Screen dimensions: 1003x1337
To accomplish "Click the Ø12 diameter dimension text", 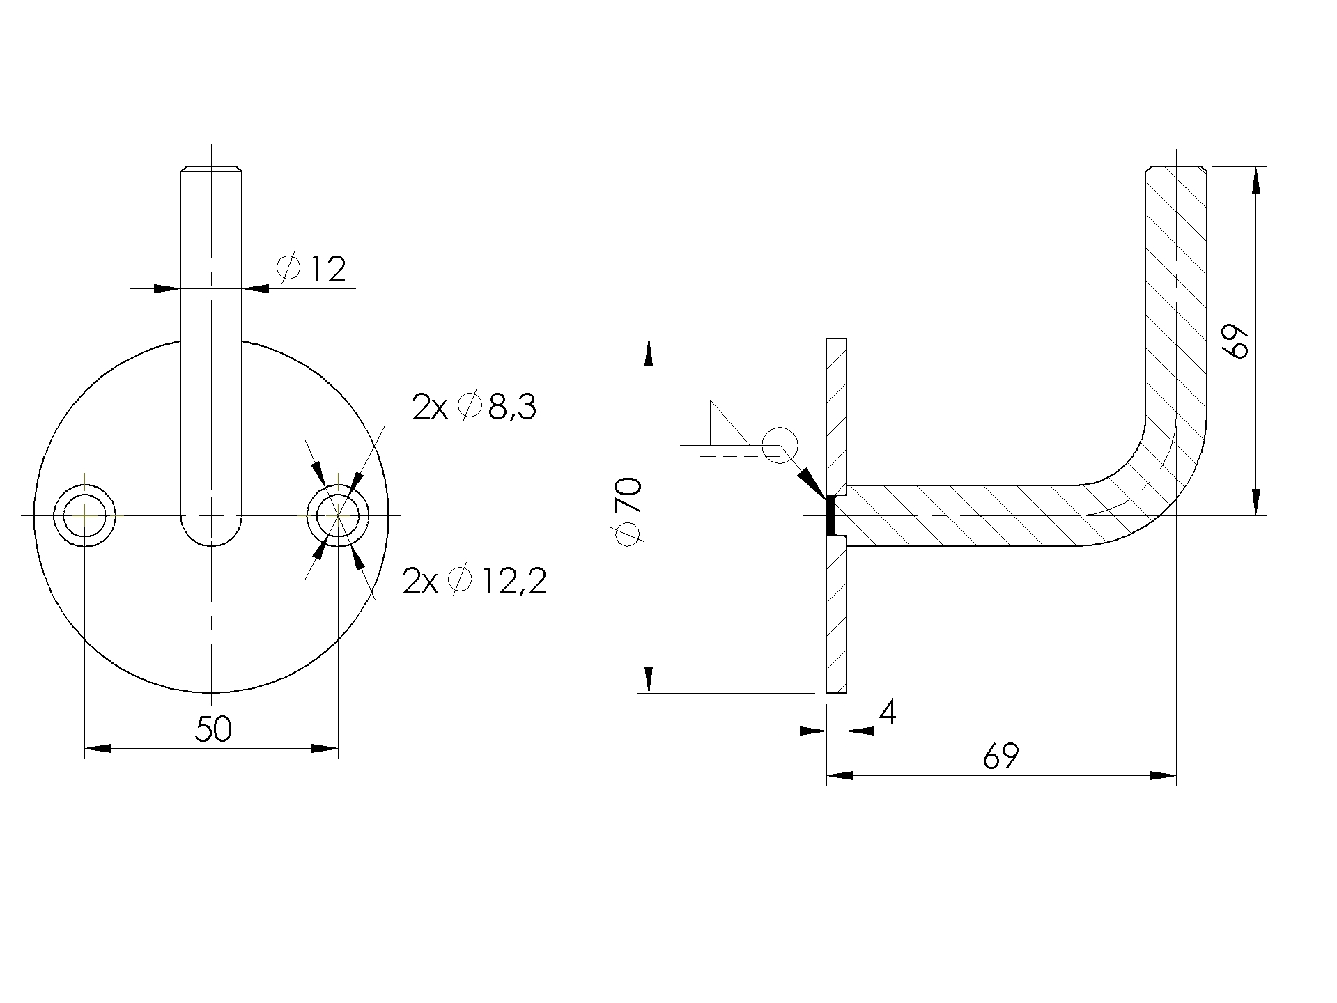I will tap(311, 270).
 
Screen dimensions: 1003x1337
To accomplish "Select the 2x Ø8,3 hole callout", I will tap(474, 407).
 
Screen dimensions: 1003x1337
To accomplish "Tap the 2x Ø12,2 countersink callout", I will tap(474, 581).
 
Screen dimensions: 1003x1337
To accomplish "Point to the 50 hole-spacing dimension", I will tap(213, 729).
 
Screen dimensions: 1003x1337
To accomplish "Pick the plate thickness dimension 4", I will tap(887, 713).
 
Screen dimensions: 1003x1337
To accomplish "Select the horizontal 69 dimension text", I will tap(1000, 756).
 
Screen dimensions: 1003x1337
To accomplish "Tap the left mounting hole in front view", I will tap(85, 516).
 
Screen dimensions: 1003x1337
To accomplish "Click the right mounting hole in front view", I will tap(338, 516).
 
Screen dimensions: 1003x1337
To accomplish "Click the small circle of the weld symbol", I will tap(780, 444).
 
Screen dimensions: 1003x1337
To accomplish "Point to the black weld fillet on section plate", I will tap(830, 516).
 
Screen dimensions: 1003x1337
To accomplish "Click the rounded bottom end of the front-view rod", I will tap(212, 536).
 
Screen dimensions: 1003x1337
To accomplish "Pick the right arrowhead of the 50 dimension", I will tap(325, 749).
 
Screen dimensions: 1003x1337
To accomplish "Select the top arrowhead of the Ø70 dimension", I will tap(649, 352).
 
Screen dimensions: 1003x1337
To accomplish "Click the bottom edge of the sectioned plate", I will tap(837, 692).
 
